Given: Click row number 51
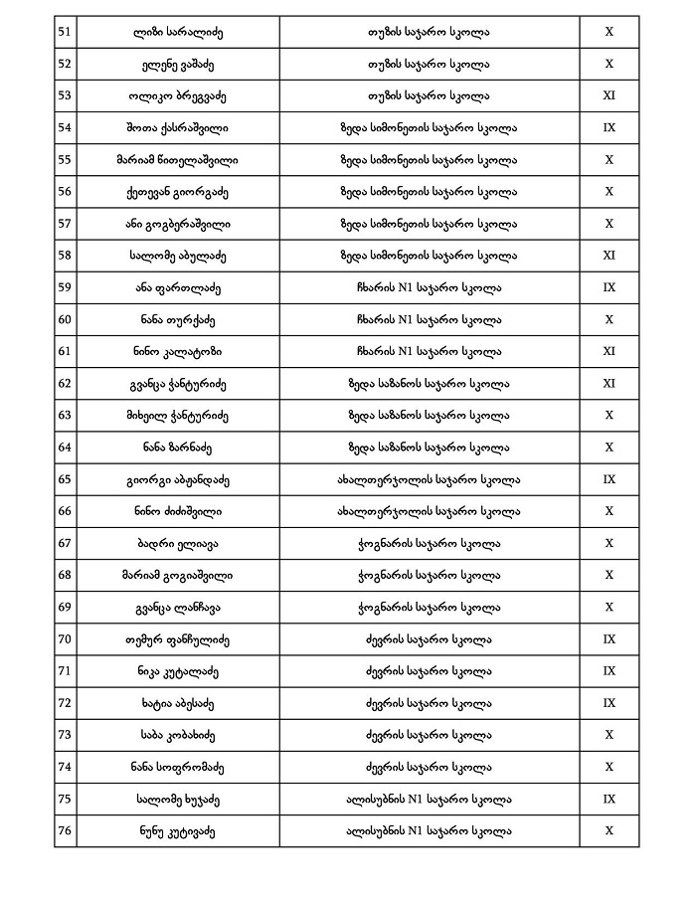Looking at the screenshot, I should tap(65, 33).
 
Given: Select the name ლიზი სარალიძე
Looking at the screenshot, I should tap(178, 33).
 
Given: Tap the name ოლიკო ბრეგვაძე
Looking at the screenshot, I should tap(178, 96).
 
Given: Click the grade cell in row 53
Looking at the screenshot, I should tap(609, 96).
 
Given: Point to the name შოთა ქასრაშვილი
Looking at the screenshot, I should tap(178, 128).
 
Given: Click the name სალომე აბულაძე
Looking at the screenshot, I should tap(178, 256).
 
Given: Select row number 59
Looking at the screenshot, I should tap(65, 287).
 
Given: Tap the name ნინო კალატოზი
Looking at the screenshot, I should tap(178, 351).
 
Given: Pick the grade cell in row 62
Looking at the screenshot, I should tap(609, 383).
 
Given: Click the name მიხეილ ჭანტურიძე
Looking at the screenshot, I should tap(178, 415).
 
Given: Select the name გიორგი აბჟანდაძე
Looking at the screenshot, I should tap(178, 479).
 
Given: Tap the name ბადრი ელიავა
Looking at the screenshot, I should tap(178, 543).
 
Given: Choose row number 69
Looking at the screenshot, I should tap(65, 607).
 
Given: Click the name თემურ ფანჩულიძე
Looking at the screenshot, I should tap(178, 638).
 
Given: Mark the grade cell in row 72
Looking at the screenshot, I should tap(609, 703).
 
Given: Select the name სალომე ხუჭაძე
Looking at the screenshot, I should tap(178, 799).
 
